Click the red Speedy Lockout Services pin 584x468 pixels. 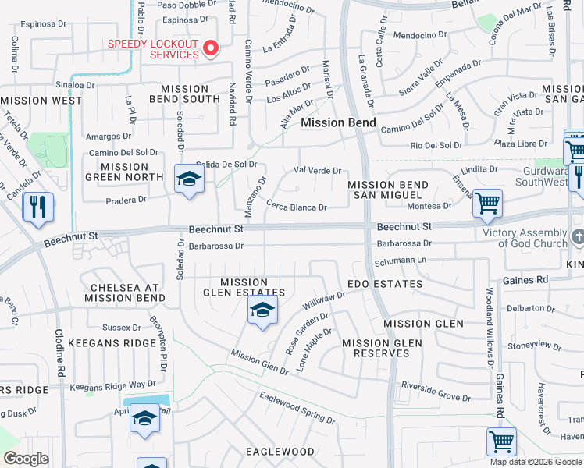(x=210, y=49)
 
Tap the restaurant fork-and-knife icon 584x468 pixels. (x=37, y=207)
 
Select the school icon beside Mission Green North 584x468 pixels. (x=188, y=179)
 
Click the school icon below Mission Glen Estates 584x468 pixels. (x=263, y=310)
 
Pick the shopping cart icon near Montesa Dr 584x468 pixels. (x=487, y=204)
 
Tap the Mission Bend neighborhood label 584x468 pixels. (x=338, y=123)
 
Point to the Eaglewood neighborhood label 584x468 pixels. (x=280, y=452)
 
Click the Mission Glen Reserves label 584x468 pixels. (x=382, y=348)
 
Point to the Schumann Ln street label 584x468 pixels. (x=400, y=259)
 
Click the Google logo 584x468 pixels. (x=27, y=459)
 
